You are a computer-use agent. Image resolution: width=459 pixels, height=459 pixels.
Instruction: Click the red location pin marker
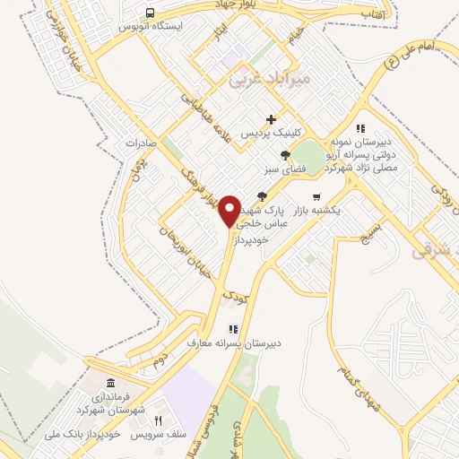[230, 210]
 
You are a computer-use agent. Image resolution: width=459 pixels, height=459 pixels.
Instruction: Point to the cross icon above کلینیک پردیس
[271, 120]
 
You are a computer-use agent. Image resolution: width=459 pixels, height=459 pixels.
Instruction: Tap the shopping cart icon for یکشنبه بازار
[316, 197]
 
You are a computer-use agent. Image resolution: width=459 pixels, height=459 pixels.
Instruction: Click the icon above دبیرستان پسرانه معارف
[234, 329]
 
